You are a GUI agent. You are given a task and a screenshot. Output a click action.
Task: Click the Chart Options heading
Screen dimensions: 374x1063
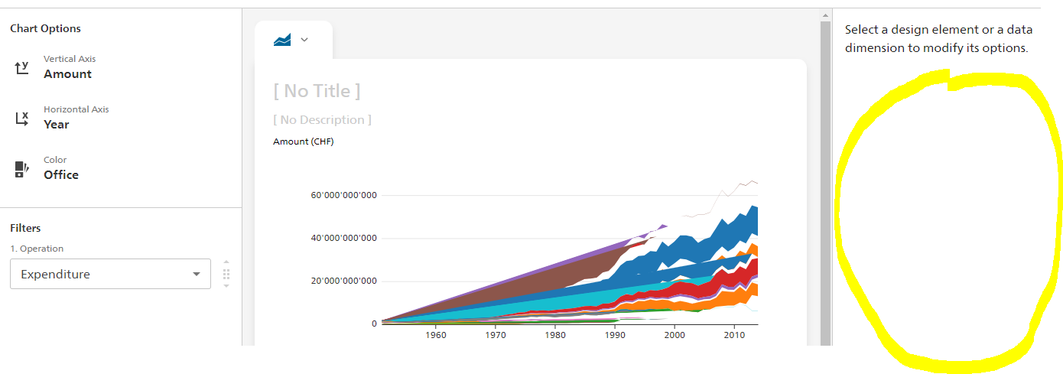click(x=45, y=28)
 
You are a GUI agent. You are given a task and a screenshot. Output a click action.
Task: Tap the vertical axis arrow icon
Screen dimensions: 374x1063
click(x=21, y=68)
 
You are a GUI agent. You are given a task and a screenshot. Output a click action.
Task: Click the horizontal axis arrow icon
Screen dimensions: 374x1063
click(x=21, y=119)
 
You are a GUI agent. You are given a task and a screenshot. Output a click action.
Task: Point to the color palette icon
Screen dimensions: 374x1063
click(x=21, y=169)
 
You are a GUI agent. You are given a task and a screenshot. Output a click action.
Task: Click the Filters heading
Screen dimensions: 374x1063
click(x=25, y=228)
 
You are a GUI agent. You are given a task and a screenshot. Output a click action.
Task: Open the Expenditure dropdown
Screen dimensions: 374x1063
click(x=110, y=274)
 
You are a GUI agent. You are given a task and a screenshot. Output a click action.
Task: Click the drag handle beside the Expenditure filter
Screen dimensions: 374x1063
click(x=226, y=274)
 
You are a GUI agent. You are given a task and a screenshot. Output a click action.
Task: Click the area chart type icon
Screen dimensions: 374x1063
click(x=282, y=40)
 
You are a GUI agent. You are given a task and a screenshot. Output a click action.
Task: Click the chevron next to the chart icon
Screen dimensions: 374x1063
click(x=304, y=40)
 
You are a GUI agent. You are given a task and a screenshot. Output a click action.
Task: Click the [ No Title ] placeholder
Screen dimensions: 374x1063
click(x=317, y=91)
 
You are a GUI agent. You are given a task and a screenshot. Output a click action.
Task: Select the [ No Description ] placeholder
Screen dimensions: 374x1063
click(x=322, y=120)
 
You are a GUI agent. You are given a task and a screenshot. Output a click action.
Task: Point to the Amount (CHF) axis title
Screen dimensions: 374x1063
click(x=304, y=141)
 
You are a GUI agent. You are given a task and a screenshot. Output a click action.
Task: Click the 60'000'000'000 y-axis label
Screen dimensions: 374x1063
click(x=343, y=195)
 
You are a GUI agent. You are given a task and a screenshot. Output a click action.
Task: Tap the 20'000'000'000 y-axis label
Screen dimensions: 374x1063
click(x=343, y=281)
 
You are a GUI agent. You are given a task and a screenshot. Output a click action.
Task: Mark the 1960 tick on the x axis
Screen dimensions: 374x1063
click(x=435, y=335)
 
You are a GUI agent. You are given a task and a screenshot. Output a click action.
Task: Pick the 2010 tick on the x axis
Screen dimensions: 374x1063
click(x=734, y=335)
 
